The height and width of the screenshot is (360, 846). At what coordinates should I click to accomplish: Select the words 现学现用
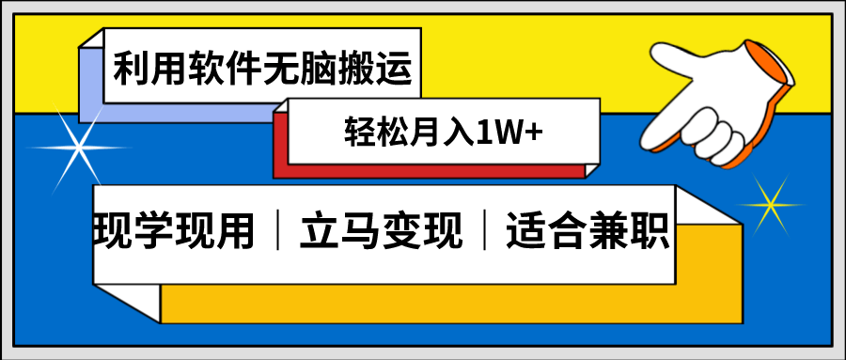(x=176, y=230)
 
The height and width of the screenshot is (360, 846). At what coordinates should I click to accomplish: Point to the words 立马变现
(x=381, y=230)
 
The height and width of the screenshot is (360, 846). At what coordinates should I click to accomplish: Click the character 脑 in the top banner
(x=319, y=70)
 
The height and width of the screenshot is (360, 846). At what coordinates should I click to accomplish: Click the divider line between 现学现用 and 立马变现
(x=279, y=230)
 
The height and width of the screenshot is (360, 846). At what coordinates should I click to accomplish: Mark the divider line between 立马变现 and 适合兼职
(x=484, y=230)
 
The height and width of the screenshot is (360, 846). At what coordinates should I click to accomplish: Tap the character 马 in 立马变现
(x=354, y=230)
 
